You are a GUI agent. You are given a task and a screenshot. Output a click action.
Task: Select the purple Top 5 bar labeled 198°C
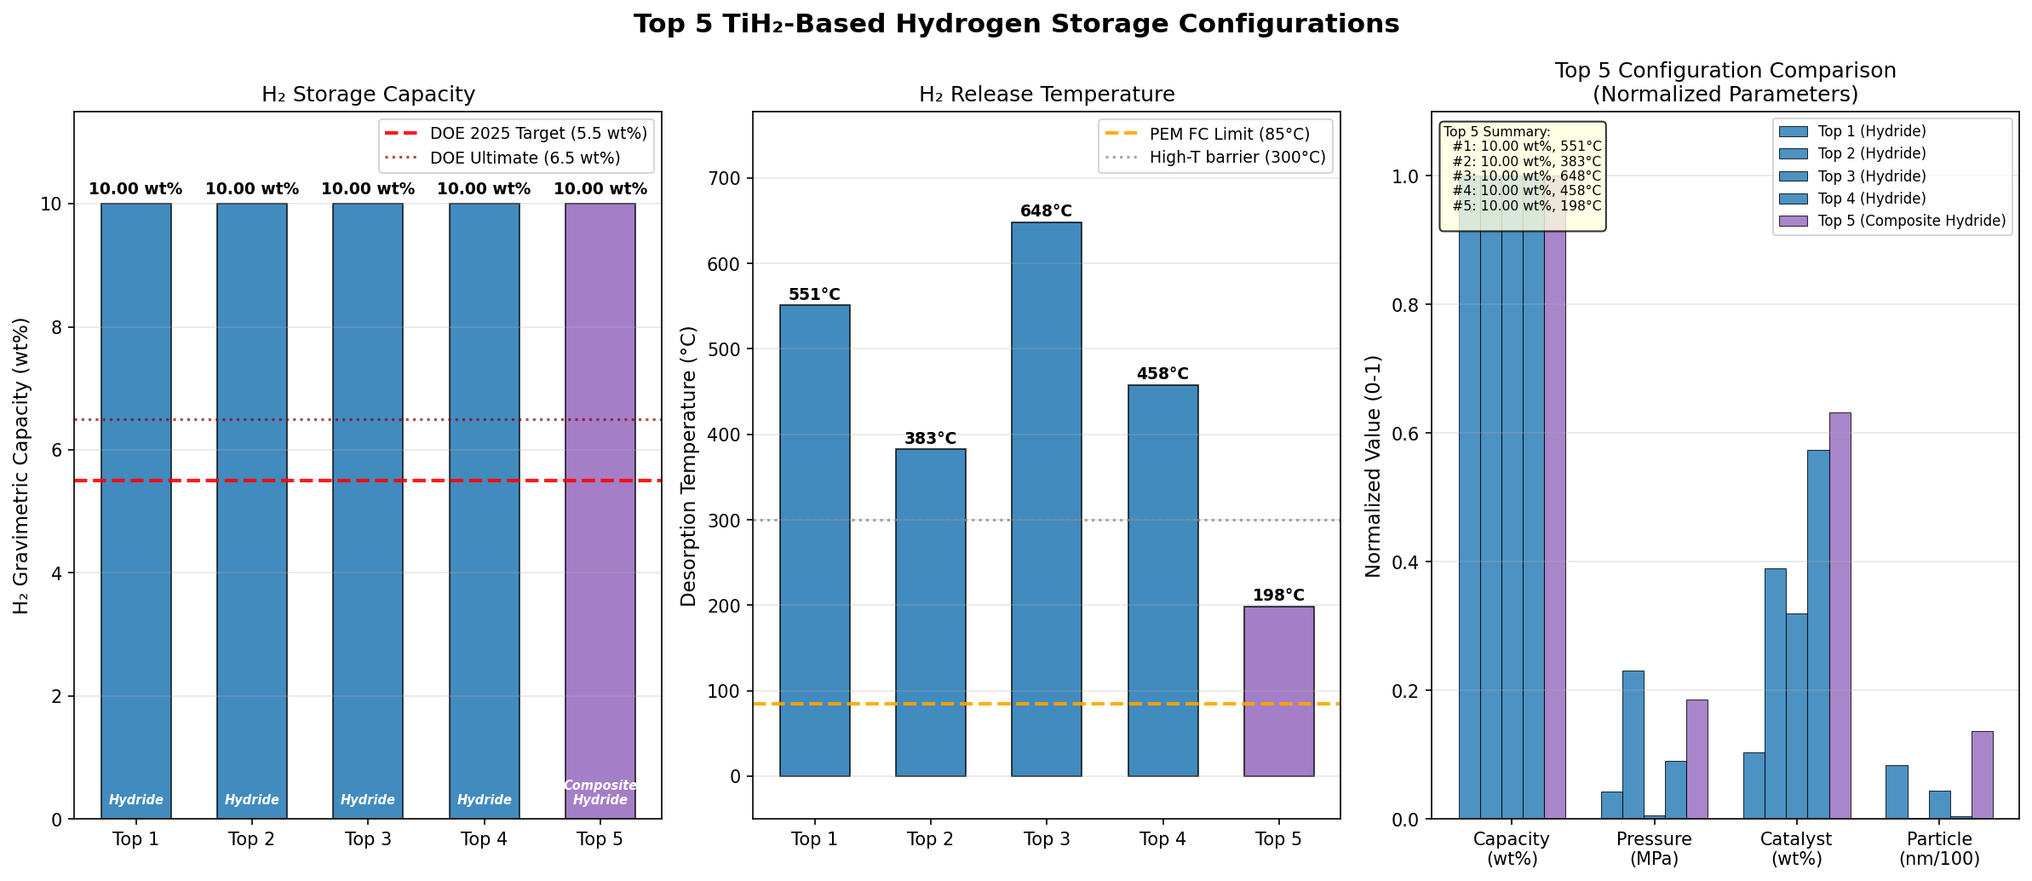point(1278,690)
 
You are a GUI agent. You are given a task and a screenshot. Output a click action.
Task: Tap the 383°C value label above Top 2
point(930,439)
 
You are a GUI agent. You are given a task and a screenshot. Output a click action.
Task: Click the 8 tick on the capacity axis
point(57,328)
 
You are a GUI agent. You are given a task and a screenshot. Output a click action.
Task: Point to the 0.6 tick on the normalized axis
point(1406,434)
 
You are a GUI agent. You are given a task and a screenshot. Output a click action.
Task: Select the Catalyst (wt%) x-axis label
point(1796,849)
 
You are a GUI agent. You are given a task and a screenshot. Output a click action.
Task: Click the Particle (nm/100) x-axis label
point(1939,849)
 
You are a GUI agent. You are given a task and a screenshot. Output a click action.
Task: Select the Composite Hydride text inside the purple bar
point(600,792)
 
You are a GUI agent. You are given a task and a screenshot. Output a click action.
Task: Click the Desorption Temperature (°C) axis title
point(689,466)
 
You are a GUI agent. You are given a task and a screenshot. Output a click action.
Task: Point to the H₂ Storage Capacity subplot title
point(368,95)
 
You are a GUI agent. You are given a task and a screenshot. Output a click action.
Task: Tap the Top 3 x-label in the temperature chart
point(1046,839)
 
